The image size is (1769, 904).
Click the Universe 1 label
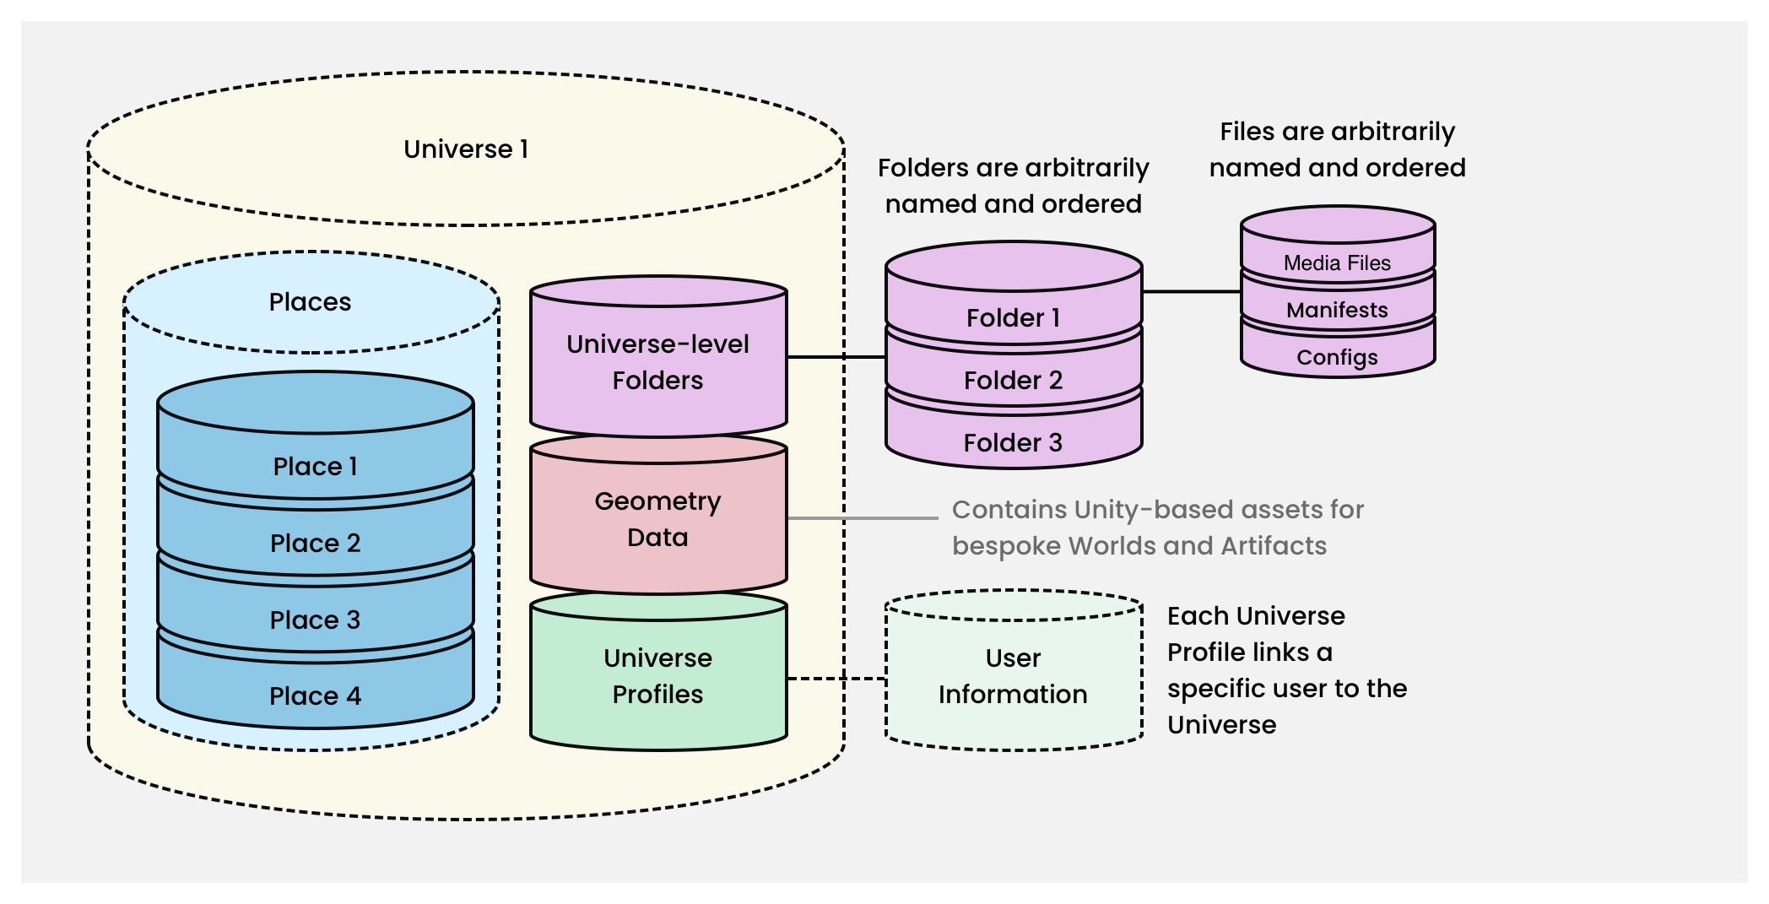pos(466,149)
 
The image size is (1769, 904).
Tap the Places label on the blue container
pos(310,302)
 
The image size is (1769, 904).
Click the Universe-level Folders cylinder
pos(657,362)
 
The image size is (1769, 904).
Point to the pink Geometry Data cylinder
pos(657,519)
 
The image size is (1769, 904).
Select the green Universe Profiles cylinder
pos(657,676)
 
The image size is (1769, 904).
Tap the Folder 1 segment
pos(1013,317)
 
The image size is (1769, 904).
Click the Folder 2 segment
pos(1013,380)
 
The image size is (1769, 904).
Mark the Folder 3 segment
pos(1013,442)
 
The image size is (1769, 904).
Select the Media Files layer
pos(1337,263)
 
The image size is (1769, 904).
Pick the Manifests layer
pos(1337,310)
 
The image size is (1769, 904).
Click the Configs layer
pos(1337,357)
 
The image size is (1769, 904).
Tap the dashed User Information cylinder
pos(1013,676)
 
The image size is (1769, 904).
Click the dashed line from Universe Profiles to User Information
pos(836,679)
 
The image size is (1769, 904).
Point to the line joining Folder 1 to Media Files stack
pos(1191,291)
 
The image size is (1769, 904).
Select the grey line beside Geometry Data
pos(861,517)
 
